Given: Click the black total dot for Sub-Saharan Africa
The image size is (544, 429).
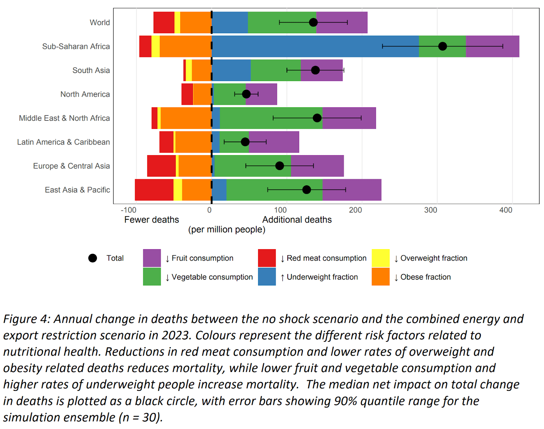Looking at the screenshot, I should coord(442,46).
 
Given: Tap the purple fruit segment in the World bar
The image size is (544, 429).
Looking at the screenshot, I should coord(341,22).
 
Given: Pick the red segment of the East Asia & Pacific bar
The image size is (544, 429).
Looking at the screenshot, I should coord(154,190).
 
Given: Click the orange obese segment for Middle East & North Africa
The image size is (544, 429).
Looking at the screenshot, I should coord(186,118).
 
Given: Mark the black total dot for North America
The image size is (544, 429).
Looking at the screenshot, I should coord(246,94).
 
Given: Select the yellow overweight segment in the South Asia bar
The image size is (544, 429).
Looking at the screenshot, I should coord(189,70).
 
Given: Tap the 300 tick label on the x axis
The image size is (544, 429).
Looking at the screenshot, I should coord(430,210).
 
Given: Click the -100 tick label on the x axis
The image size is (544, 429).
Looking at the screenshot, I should coord(129,210).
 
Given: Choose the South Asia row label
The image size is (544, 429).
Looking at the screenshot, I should coord(91,70).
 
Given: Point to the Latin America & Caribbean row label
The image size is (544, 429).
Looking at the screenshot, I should coord(64,142).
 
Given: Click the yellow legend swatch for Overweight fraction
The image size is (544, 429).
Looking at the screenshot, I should coord(380,258).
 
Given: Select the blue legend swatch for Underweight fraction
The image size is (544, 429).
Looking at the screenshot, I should coord(267,277).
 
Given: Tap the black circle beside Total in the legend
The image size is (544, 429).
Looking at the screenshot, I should coord(92,258).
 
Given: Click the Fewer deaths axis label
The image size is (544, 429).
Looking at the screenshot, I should coord(152,220).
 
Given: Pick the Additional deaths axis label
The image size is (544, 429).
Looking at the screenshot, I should coord(297,220).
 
